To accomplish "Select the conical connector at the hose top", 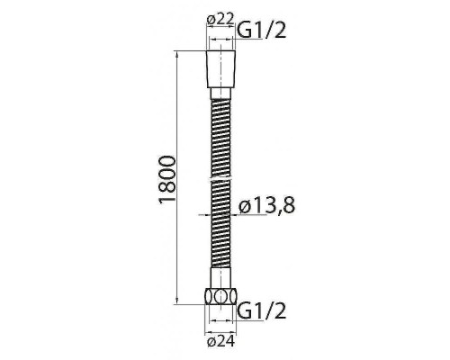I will [220, 68].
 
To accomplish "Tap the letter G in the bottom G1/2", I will [243, 312].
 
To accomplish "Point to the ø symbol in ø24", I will [210, 340].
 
